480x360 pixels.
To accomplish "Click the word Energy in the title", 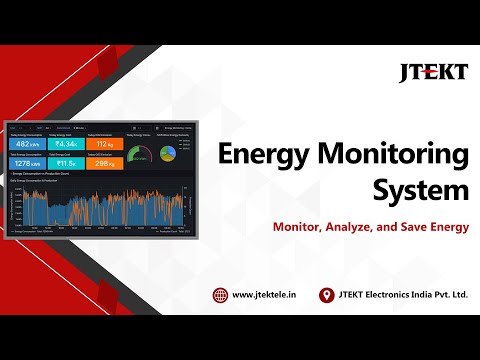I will (x=263, y=157).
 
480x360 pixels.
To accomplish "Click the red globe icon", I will (x=220, y=295).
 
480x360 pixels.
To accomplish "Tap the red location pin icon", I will (x=326, y=295).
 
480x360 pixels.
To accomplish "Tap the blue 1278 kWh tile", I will (x=27, y=163).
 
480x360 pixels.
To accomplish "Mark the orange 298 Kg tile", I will (x=104, y=163).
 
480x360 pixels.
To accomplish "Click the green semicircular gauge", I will (x=140, y=155).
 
